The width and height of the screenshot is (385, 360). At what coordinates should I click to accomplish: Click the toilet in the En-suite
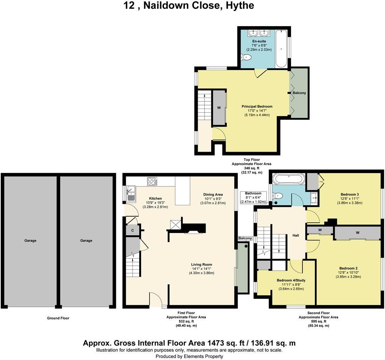(x=246, y=57)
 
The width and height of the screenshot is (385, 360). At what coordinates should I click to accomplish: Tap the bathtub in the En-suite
(x=281, y=48)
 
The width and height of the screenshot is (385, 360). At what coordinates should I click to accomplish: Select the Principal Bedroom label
(x=257, y=106)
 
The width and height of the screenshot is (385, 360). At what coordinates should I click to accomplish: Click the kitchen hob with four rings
(x=152, y=182)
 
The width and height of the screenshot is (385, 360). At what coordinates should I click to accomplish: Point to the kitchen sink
(x=130, y=193)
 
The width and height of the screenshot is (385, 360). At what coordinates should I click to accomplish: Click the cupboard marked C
(x=132, y=230)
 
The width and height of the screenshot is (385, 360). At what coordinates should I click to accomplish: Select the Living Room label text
(x=201, y=264)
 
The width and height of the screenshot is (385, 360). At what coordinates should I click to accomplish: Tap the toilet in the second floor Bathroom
(x=278, y=196)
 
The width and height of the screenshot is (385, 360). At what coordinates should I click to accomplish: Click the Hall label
(x=296, y=235)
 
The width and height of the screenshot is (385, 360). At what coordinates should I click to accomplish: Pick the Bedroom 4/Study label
(x=291, y=280)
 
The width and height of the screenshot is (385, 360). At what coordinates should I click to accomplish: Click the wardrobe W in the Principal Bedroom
(x=219, y=108)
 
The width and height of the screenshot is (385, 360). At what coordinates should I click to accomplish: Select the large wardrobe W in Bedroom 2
(x=357, y=233)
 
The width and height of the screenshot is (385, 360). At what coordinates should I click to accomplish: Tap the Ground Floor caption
(x=58, y=318)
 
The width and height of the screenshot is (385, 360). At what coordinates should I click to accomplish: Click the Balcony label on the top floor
(x=299, y=93)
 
